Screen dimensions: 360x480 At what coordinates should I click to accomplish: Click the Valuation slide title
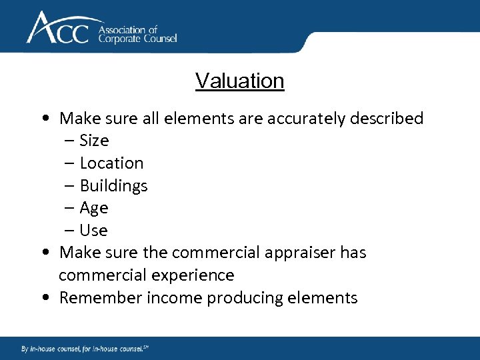240,81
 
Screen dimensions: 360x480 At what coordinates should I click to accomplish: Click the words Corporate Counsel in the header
138,39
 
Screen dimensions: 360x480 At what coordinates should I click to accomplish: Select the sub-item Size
94,141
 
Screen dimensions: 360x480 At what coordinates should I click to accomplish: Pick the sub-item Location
111,163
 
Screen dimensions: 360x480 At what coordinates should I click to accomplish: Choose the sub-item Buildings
113,186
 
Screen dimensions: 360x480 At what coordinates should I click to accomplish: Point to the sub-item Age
94,208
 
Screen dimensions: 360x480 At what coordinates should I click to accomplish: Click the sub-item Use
93,231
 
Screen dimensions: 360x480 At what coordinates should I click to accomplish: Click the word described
387,119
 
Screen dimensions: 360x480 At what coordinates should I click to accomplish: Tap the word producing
237,298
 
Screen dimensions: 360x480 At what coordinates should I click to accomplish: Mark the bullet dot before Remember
43,298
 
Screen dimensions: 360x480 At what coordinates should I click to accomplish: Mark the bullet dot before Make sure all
43,119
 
